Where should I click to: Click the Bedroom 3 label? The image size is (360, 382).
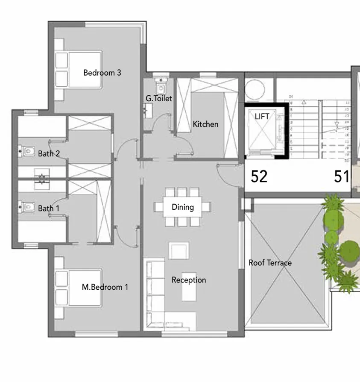click(x=102, y=73)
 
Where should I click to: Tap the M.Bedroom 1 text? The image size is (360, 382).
click(x=105, y=287)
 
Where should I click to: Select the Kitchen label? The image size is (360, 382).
click(x=205, y=124)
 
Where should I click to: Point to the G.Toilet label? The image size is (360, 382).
click(x=159, y=99)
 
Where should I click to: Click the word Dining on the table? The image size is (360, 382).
click(x=183, y=207)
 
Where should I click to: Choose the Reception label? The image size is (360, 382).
click(x=189, y=280)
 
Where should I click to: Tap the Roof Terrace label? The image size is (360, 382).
click(x=270, y=263)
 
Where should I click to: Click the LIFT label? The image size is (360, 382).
click(x=262, y=116)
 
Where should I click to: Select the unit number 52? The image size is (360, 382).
click(x=259, y=176)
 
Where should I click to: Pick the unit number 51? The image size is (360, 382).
click(x=342, y=176)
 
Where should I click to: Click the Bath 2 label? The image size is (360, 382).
click(x=49, y=153)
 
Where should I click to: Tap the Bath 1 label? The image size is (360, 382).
click(x=49, y=209)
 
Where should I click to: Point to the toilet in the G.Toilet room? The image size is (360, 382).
click(x=161, y=88)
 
